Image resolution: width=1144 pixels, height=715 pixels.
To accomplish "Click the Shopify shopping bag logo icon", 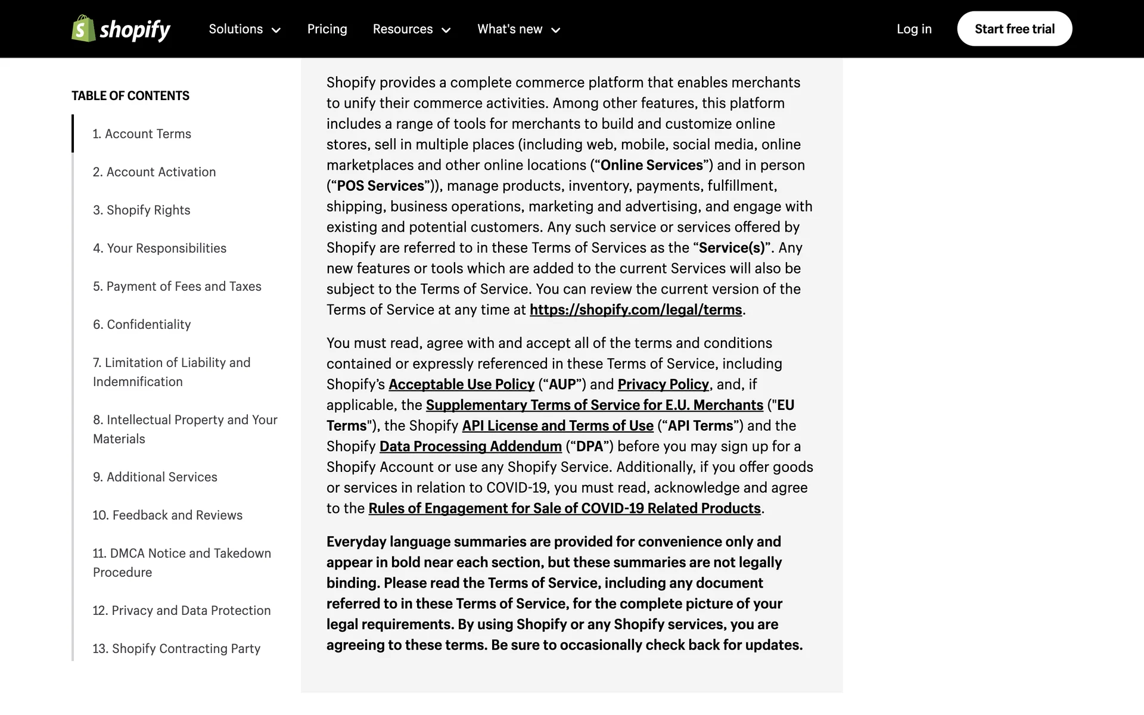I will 83,29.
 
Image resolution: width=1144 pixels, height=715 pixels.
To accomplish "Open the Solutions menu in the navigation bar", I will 244,29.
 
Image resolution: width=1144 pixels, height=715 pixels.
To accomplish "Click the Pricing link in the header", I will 327,29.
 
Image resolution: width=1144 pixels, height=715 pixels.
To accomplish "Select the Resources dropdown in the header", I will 412,29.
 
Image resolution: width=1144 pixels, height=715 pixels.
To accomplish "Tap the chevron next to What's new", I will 556,30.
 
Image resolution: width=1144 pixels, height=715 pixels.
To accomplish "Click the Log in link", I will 914,29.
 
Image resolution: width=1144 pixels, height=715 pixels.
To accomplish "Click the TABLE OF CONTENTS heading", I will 130,96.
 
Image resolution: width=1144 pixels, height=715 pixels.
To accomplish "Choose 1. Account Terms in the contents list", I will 142,134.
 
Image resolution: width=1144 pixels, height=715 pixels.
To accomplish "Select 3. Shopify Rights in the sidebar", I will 141,210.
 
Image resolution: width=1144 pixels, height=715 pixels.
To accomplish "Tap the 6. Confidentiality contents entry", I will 142,325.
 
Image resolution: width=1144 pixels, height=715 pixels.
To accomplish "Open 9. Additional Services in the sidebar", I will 155,477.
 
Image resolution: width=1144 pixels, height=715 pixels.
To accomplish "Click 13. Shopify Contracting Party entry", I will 176,649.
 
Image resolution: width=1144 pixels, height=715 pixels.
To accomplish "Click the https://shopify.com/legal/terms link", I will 636,310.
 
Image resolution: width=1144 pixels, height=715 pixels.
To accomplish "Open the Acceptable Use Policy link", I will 461,384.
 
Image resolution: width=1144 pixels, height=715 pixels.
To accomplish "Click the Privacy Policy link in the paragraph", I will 663,384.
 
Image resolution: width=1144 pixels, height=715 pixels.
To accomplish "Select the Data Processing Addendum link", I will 470,446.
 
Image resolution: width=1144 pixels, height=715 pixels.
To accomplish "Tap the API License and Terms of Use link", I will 558,426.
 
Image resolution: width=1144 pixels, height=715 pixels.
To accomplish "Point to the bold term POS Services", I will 380,186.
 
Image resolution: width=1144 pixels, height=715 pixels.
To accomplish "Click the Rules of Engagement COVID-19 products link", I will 564,508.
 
